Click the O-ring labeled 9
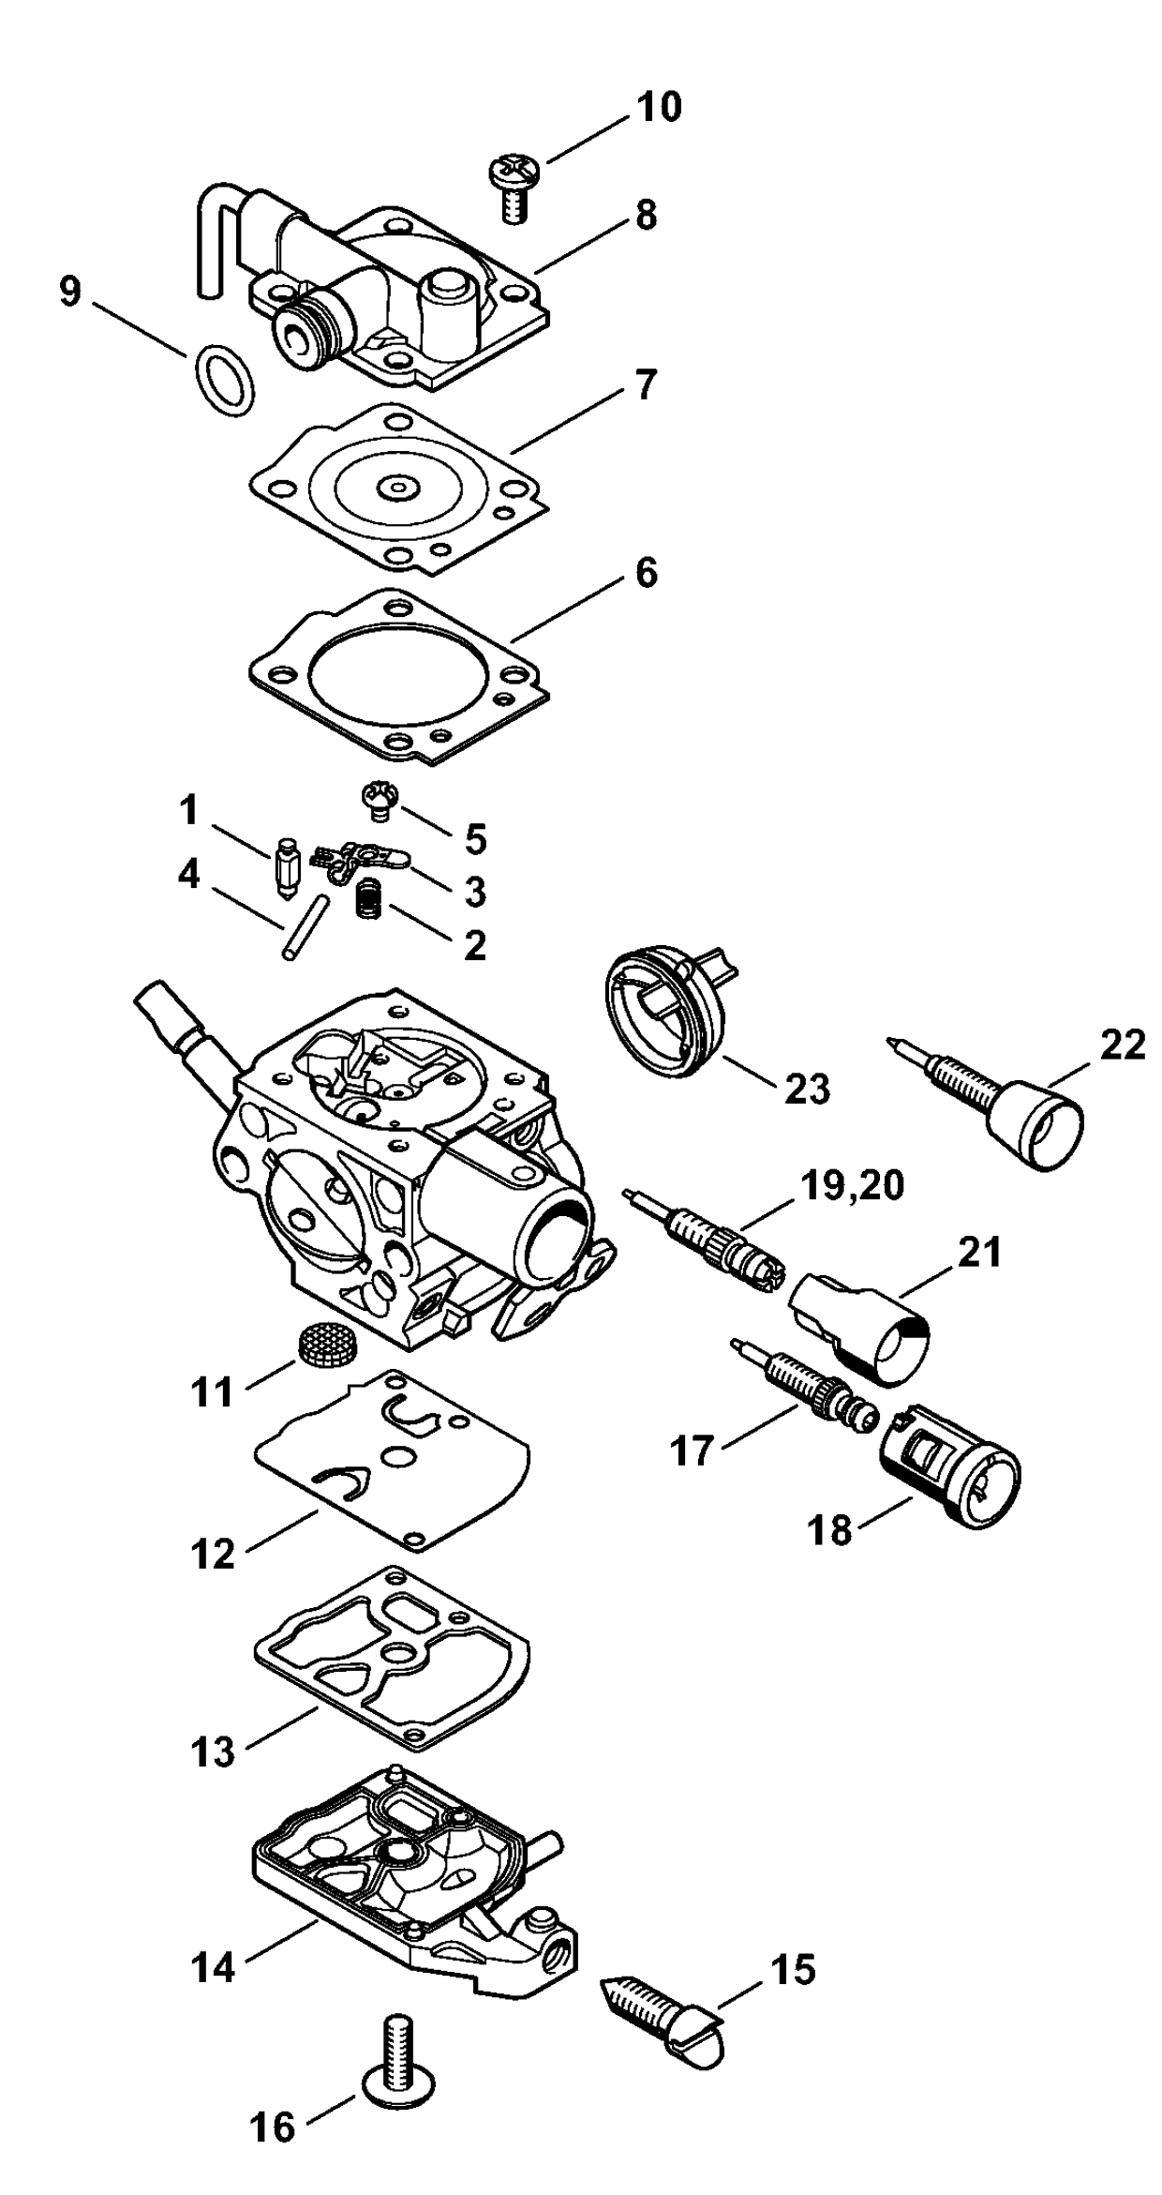point(225,380)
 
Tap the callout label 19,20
point(852,1186)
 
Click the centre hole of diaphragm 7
point(399,487)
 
